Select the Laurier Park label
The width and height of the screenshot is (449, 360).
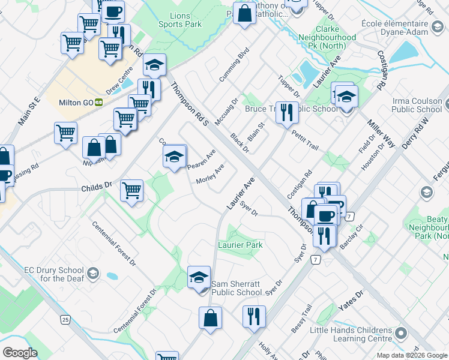(x=240, y=245)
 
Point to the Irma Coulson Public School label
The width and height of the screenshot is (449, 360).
(x=416, y=106)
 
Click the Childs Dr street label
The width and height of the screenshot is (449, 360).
(x=97, y=188)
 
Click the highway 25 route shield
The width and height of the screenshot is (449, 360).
(x=65, y=319)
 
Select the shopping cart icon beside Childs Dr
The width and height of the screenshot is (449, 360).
(x=131, y=191)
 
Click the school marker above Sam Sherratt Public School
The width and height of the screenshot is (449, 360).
(x=199, y=277)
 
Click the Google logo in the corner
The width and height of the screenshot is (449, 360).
(x=20, y=353)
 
